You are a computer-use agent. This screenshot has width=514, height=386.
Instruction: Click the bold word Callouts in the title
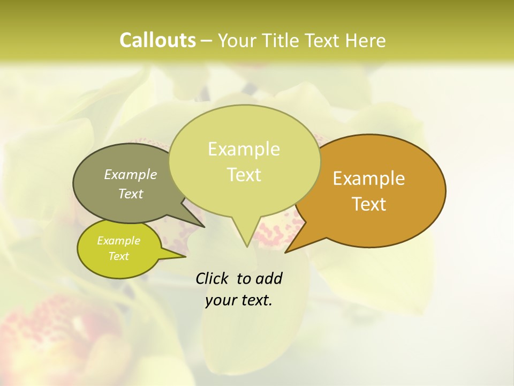[157, 40]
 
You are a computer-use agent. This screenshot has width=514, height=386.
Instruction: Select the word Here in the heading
[366, 40]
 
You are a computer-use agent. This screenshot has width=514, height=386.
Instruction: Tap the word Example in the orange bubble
[369, 179]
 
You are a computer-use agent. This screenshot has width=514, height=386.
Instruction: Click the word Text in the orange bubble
[369, 204]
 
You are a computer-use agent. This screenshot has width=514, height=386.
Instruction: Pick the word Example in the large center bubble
[244, 149]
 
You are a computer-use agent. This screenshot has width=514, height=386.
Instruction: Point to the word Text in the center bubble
[244, 175]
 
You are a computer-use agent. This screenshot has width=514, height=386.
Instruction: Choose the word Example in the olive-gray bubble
[131, 174]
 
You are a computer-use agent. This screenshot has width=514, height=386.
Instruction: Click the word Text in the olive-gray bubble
[131, 194]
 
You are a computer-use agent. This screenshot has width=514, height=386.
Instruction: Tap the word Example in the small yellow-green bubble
[119, 241]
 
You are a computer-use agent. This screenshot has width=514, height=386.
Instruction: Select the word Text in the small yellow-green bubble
[119, 256]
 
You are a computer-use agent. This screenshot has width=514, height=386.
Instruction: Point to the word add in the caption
[268, 278]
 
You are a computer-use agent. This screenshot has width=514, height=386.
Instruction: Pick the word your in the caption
[217, 300]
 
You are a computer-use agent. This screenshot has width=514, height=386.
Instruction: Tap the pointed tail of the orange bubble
[288, 251]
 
